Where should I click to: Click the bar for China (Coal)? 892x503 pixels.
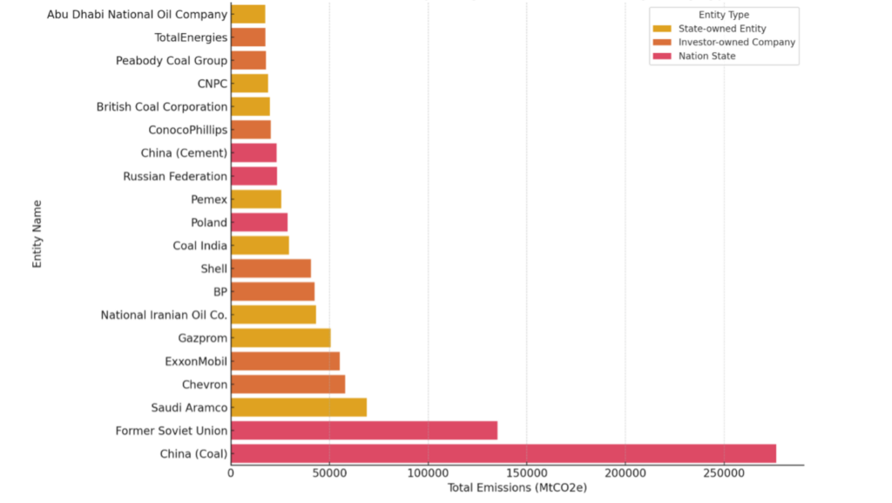(x=503, y=453)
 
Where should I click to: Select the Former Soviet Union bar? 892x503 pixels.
(x=364, y=431)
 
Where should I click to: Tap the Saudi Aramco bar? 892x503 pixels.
(x=299, y=407)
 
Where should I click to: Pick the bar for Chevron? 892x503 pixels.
(x=288, y=384)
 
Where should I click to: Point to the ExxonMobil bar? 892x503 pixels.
(x=285, y=361)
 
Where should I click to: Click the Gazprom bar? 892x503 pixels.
(x=280, y=338)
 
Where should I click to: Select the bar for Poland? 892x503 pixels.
(x=259, y=222)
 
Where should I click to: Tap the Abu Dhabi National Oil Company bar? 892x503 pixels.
(x=248, y=14)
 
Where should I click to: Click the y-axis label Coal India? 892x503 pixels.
(x=199, y=246)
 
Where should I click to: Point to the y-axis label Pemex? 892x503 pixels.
(x=209, y=200)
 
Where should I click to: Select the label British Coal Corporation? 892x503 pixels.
(x=162, y=107)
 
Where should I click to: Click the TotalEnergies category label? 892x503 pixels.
(x=191, y=37)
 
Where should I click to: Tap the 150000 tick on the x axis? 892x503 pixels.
(x=526, y=473)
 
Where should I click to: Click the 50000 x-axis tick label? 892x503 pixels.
(x=329, y=473)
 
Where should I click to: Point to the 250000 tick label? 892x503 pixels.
(x=723, y=473)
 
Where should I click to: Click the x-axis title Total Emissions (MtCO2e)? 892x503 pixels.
(x=517, y=488)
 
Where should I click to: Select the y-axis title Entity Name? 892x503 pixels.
(x=37, y=234)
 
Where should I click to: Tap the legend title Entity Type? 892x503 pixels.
(x=723, y=15)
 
